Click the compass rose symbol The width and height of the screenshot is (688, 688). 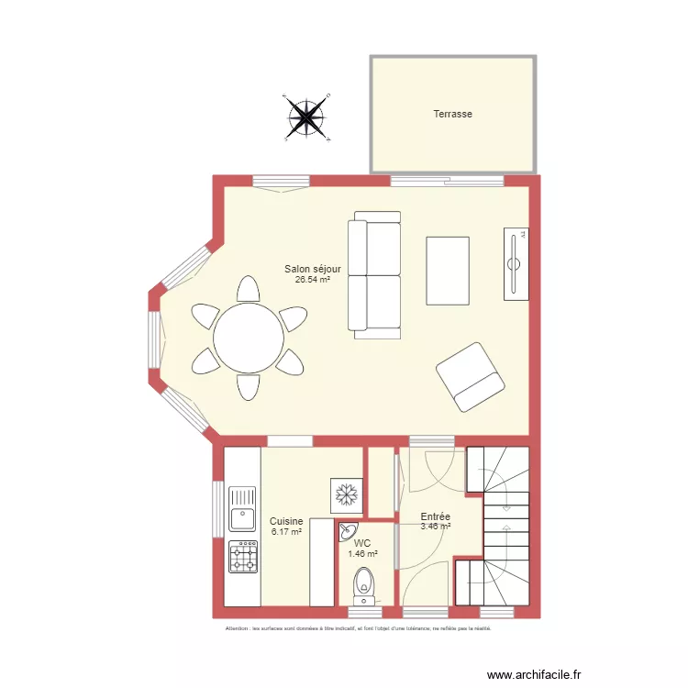coord(306,117)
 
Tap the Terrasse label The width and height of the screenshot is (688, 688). coord(452,115)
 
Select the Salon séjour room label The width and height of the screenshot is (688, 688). coord(313,269)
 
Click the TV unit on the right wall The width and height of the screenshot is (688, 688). coord(516,264)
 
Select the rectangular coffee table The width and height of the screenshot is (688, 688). coord(448,271)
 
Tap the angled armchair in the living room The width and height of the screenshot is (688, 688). coord(470,377)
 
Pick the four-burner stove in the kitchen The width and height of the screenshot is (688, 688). coord(242,557)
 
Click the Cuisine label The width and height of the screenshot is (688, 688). coord(285,521)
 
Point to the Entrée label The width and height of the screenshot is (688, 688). coord(435,517)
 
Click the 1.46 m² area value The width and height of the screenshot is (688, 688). coord(362,554)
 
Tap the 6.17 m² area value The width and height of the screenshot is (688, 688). coord(285,531)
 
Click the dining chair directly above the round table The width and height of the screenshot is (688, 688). coord(248,290)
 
